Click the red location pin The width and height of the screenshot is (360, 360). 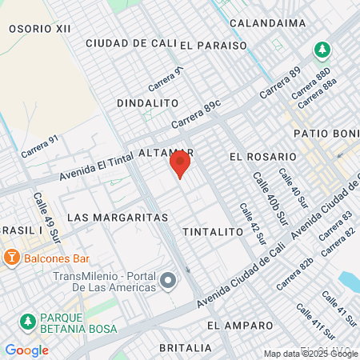[x=179, y=165]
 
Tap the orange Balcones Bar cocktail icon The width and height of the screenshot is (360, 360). [x=12, y=258]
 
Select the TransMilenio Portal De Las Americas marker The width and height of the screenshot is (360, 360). [x=168, y=280]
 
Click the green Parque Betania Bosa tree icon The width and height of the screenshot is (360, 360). [x=27, y=322]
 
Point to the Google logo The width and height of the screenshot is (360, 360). [x=26, y=350]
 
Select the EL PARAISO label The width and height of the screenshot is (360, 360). [x=214, y=46]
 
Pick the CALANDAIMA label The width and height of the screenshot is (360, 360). [x=267, y=23]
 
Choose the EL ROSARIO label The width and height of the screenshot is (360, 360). [x=263, y=156]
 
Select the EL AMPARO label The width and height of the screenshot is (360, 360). [x=235, y=326]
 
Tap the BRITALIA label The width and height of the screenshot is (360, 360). [x=186, y=348]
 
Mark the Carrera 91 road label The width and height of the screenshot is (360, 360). [x=41, y=145]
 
